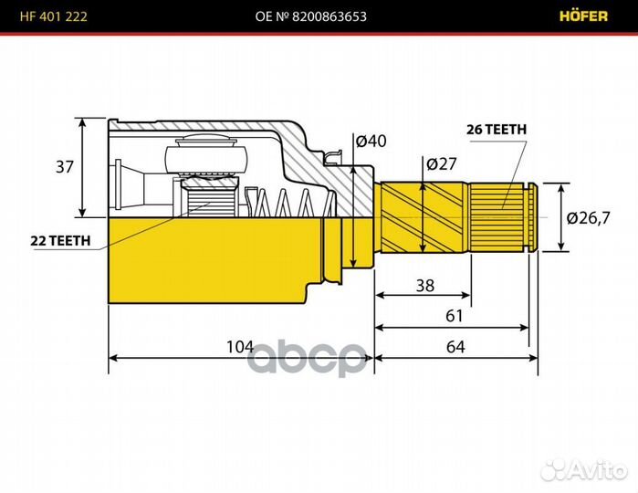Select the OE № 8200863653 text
pos(319,16)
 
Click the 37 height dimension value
pos(64,167)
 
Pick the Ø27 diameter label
pos(442,164)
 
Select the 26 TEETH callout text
pos(497,130)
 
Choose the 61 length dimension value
pos(454,316)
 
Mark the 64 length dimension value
pos(455,347)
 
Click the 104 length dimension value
pos(239,347)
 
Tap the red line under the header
pos(319,34)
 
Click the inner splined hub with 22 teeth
pos(210,196)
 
